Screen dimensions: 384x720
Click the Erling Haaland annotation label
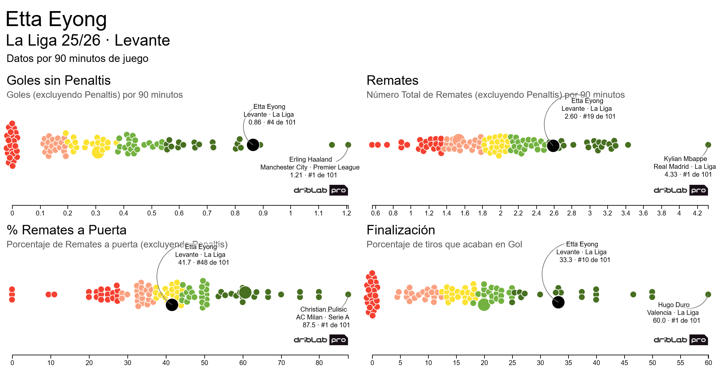click(x=310, y=167)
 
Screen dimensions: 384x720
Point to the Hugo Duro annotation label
click(x=673, y=313)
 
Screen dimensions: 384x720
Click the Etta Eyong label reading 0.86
click(x=270, y=114)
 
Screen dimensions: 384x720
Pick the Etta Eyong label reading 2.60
click(x=588, y=109)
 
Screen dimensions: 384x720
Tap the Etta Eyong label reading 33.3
click(x=583, y=252)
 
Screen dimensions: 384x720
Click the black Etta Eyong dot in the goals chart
click(x=253, y=145)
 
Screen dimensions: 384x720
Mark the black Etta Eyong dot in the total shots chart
click(x=553, y=145)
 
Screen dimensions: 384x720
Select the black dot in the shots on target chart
click(x=172, y=305)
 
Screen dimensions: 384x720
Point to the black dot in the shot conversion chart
click(x=558, y=302)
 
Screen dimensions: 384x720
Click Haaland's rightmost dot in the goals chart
click(x=348, y=145)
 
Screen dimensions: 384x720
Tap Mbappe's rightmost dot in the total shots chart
click(x=708, y=145)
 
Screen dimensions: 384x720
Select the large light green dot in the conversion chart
click(x=484, y=304)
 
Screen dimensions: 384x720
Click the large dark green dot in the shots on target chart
click(x=245, y=292)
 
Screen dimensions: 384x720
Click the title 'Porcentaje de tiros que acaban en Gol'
click(x=444, y=244)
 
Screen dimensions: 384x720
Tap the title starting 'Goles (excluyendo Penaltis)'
click(x=94, y=95)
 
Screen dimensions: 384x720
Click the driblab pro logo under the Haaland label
click(x=321, y=190)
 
